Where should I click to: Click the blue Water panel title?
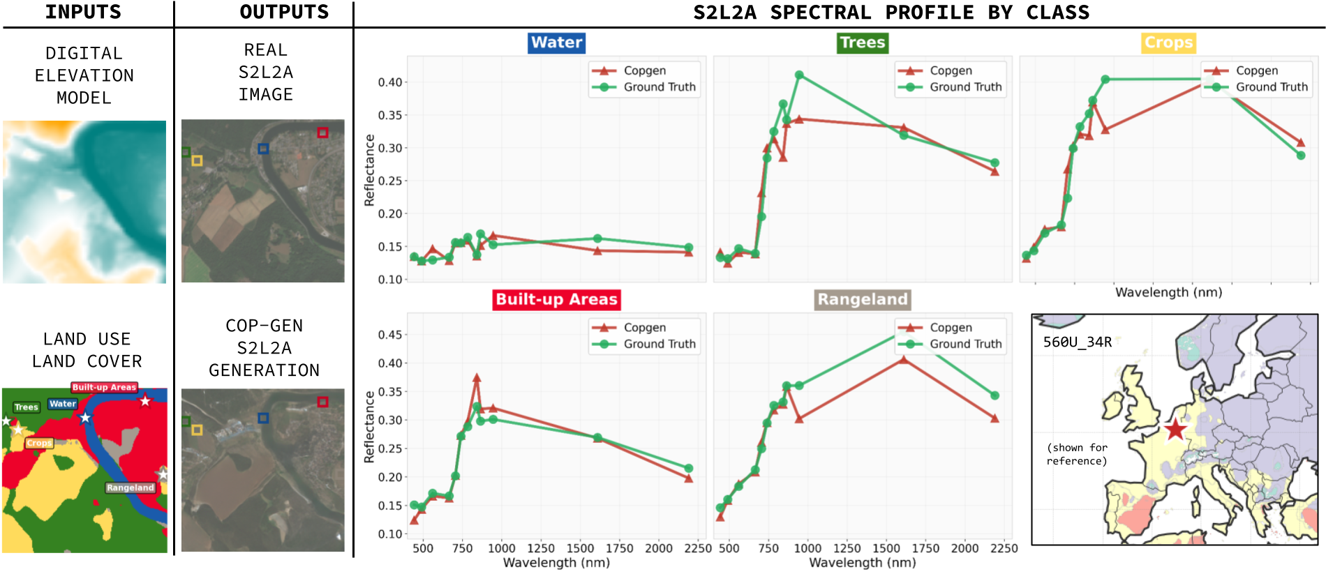click(x=556, y=43)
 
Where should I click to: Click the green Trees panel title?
click(x=862, y=43)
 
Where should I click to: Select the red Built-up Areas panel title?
click(x=556, y=299)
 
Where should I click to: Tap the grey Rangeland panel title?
click(x=863, y=299)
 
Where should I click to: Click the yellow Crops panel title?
click(x=1168, y=43)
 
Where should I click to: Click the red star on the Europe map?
click(x=1175, y=430)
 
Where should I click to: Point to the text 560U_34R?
click(x=1077, y=342)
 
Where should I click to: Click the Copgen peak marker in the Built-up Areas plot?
click(x=477, y=378)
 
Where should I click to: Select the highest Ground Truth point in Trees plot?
click(x=799, y=75)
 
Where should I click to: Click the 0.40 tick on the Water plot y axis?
click(x=390, y=82)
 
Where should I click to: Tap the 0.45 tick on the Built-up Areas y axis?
click(x=390, y=335)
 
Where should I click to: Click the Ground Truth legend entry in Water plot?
click(x=659, y=87)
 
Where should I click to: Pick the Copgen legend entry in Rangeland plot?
click(x=950, y=328)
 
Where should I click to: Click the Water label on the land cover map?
click(x=63, y=404)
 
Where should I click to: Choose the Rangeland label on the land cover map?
click(x=130, y=488)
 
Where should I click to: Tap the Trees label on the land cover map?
click(x=27, y=407)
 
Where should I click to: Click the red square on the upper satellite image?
click(x=322, y=133)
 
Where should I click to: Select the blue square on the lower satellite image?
click(x=263, y=418)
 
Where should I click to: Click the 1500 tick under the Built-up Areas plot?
click(x=580, y=548)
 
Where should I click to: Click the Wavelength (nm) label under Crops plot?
click(x=1168, y=292)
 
